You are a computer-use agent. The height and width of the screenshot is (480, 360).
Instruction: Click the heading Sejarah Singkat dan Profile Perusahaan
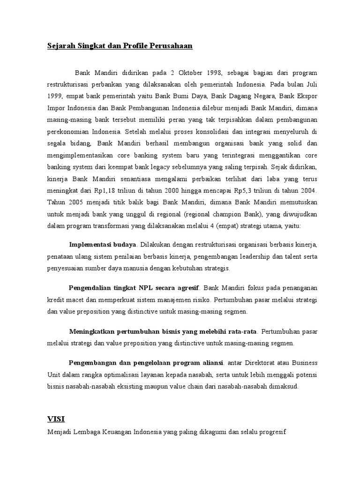tap(120, 46)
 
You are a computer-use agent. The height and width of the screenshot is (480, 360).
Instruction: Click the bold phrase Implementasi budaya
tap(103, 245)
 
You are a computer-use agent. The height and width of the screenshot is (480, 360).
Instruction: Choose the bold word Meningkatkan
tap(91, 331)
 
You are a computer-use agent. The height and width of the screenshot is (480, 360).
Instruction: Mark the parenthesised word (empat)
tap(226, 226)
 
